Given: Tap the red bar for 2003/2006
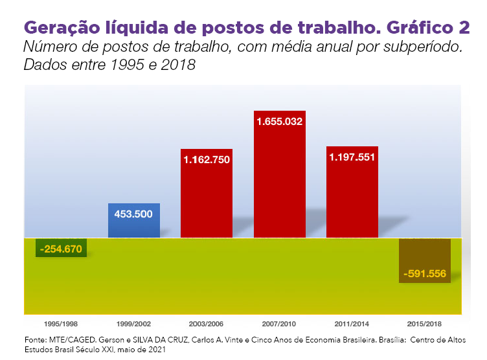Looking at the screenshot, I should (x=207, y=201).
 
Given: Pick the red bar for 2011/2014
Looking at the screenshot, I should (x=352, y=201).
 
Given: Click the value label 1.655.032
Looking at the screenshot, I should (x=280, y=121).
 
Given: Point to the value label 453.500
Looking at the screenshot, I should (x=134, y=213).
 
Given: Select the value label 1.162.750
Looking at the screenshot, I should (x=207, y=159).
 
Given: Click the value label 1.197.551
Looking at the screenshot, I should (x=352, y=157).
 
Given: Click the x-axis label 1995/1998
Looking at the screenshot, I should (x=62, y=323).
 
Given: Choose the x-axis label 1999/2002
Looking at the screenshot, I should (x=134, y=323).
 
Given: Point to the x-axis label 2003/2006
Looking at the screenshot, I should (x=207, y=323).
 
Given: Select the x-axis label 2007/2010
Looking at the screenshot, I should (x=280, y=323).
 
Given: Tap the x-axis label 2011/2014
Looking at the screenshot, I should (x=352, y=323).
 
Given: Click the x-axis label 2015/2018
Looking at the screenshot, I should (x=425, y=323).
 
